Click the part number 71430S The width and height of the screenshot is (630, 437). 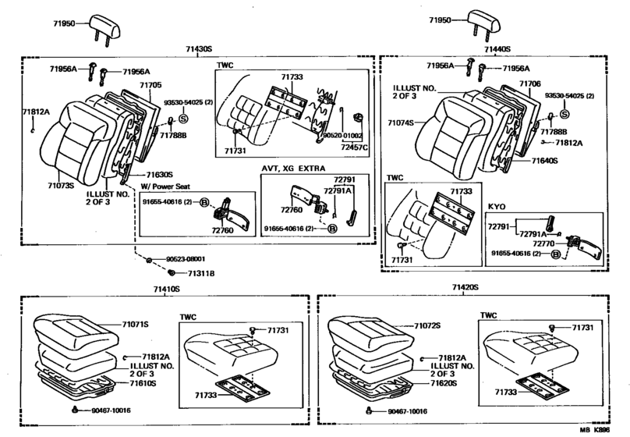click(x=199, y=48)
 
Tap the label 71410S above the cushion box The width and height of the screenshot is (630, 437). click(x=165, y=288)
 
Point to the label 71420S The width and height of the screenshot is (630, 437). click(x=465, y=288)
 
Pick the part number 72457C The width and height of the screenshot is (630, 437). click(x=355, y=147)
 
